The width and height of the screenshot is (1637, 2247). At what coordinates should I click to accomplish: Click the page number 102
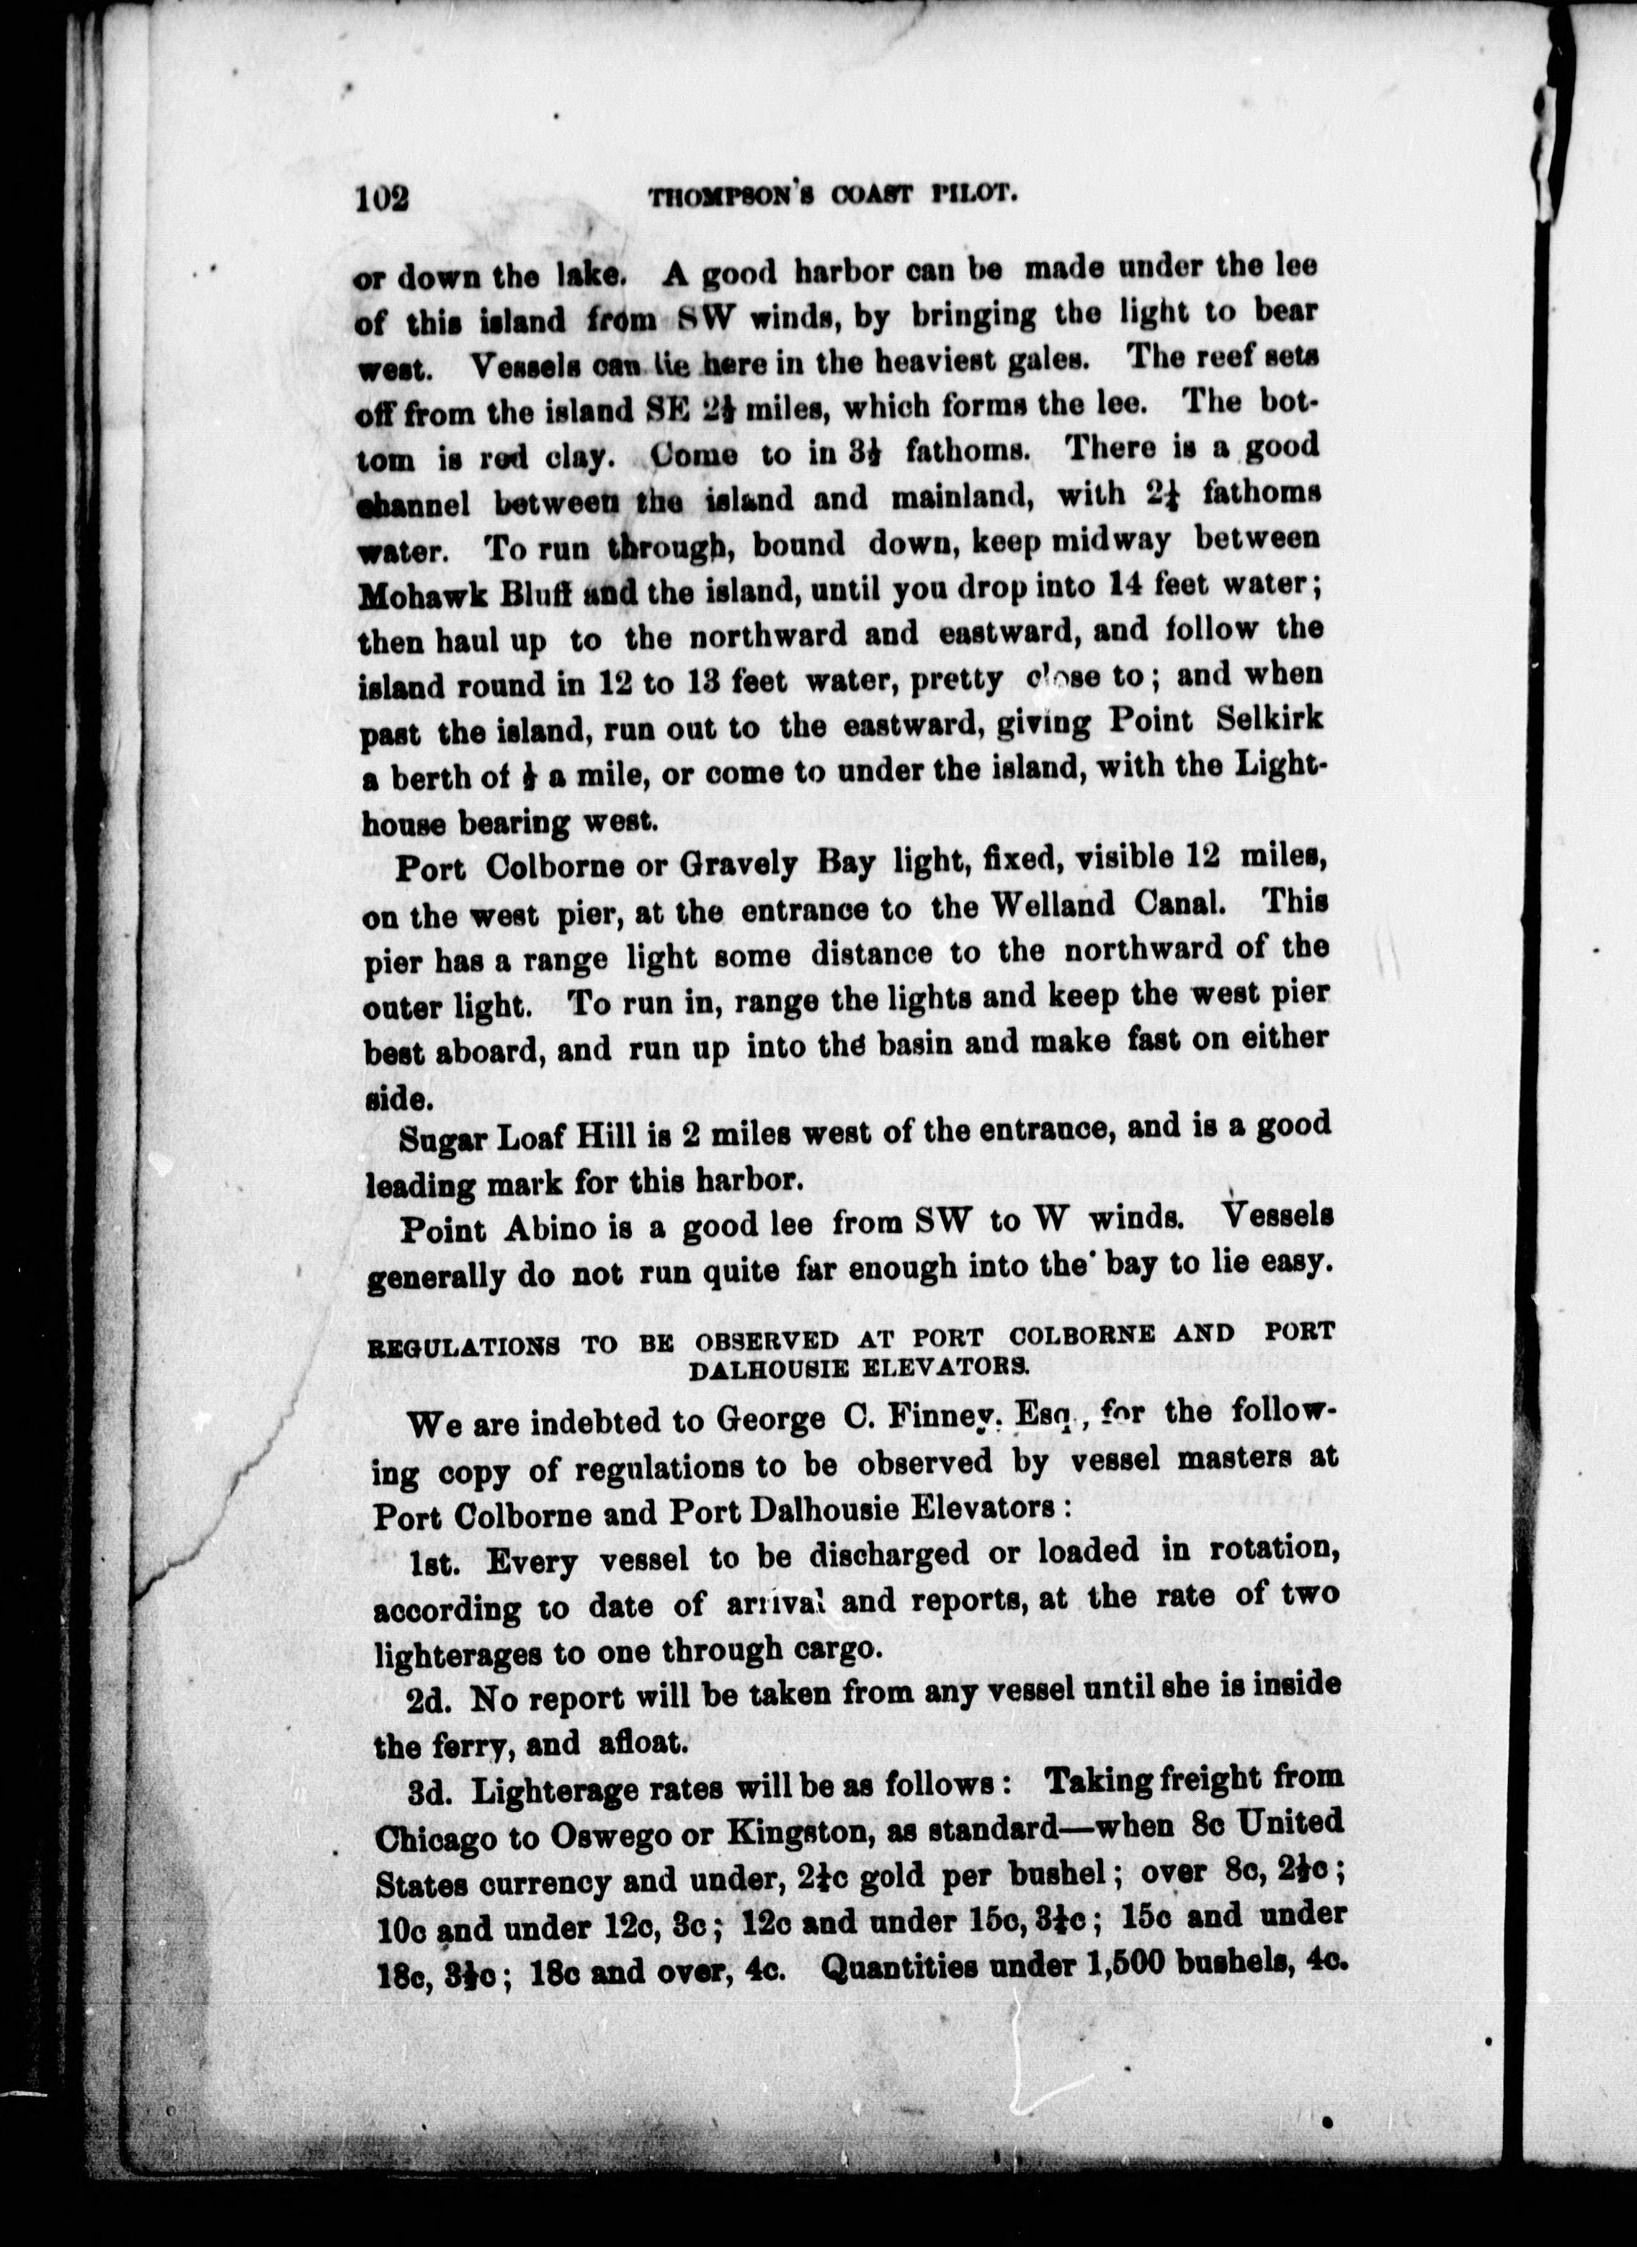tap(383, 198)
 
